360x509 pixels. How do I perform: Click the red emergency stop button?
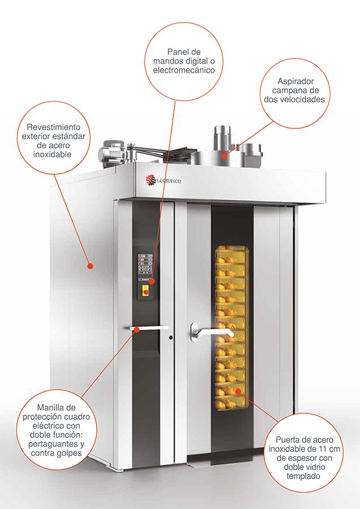pyautogui.click(x=146, y=292)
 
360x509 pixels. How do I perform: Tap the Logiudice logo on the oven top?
pyautogui.click(x=163, y=180)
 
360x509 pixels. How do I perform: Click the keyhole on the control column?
pyautogui.click(x=171, y=338)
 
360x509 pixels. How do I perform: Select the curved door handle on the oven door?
pyautogui.click(x=212, y=333)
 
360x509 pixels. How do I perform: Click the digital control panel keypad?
pyautogui.click(x=146, y=264)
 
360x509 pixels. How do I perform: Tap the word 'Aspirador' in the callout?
pyautogui.click(x=296, y=81)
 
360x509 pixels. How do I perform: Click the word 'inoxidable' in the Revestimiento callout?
pyautogui.click(x=52, y=154)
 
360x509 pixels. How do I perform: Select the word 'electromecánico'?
pyautogui.click(x=184, y=70)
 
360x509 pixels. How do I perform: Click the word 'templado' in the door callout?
pyautogui.click(x=303, y=477)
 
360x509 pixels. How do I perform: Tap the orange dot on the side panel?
pyautogui.click(x=91, y=266)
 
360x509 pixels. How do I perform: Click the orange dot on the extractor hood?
pyautogui.click(x=224, y=156)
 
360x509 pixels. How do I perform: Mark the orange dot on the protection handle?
pyautogui.click(x=137, y=330)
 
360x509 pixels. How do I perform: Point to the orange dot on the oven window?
pyautogui.click(x=238, y=391)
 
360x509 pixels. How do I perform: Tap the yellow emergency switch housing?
pyautogui.click(x=146, y=291)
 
